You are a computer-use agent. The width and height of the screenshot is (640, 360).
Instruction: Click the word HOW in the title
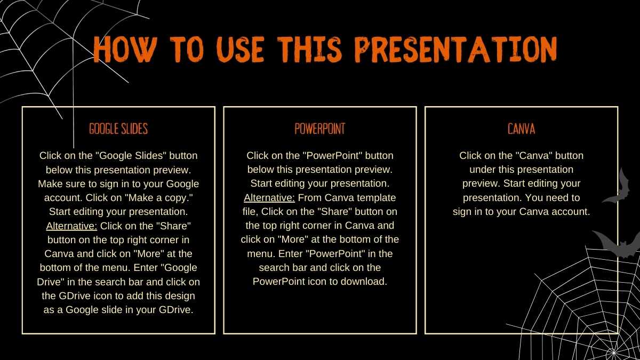pyautogui.click(x=125, y=50)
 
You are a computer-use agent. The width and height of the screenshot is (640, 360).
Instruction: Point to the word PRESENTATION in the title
pyautogui.click(x=456, y=50)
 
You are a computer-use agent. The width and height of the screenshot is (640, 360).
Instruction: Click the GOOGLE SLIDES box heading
pyautogui.click(x=118, y=129)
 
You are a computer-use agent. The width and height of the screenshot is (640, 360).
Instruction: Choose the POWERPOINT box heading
pyautogui.click(x=319, y=129)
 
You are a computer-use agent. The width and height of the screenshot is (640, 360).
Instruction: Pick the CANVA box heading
pyautogui.click(x=521, y=129)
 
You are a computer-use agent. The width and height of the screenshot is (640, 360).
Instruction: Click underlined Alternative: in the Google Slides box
pyautogui.click(x=71, y=226)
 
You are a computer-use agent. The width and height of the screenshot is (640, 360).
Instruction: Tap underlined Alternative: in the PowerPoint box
pyautogui.click(x=269, y=198)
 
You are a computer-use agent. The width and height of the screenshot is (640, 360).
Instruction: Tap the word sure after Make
pyautogui.click(x=76, y=184)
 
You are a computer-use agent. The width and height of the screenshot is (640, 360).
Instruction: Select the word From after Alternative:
pyautogui.click(x=310, y=198)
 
